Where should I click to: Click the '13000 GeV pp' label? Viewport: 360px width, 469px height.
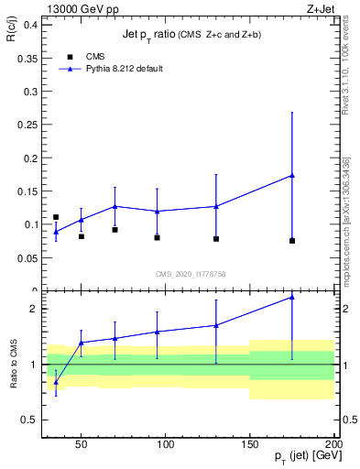point(80,9)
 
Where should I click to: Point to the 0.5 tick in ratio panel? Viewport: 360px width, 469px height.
point(31,420)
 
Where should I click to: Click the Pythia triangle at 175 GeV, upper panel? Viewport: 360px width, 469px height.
point(292,175)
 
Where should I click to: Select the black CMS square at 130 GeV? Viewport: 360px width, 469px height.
point(216,239)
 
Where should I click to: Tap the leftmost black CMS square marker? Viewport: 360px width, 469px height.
point(56,217)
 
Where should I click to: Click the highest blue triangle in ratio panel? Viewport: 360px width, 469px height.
point(292,297)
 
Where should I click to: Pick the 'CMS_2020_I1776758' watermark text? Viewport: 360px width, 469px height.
point(191,273)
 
